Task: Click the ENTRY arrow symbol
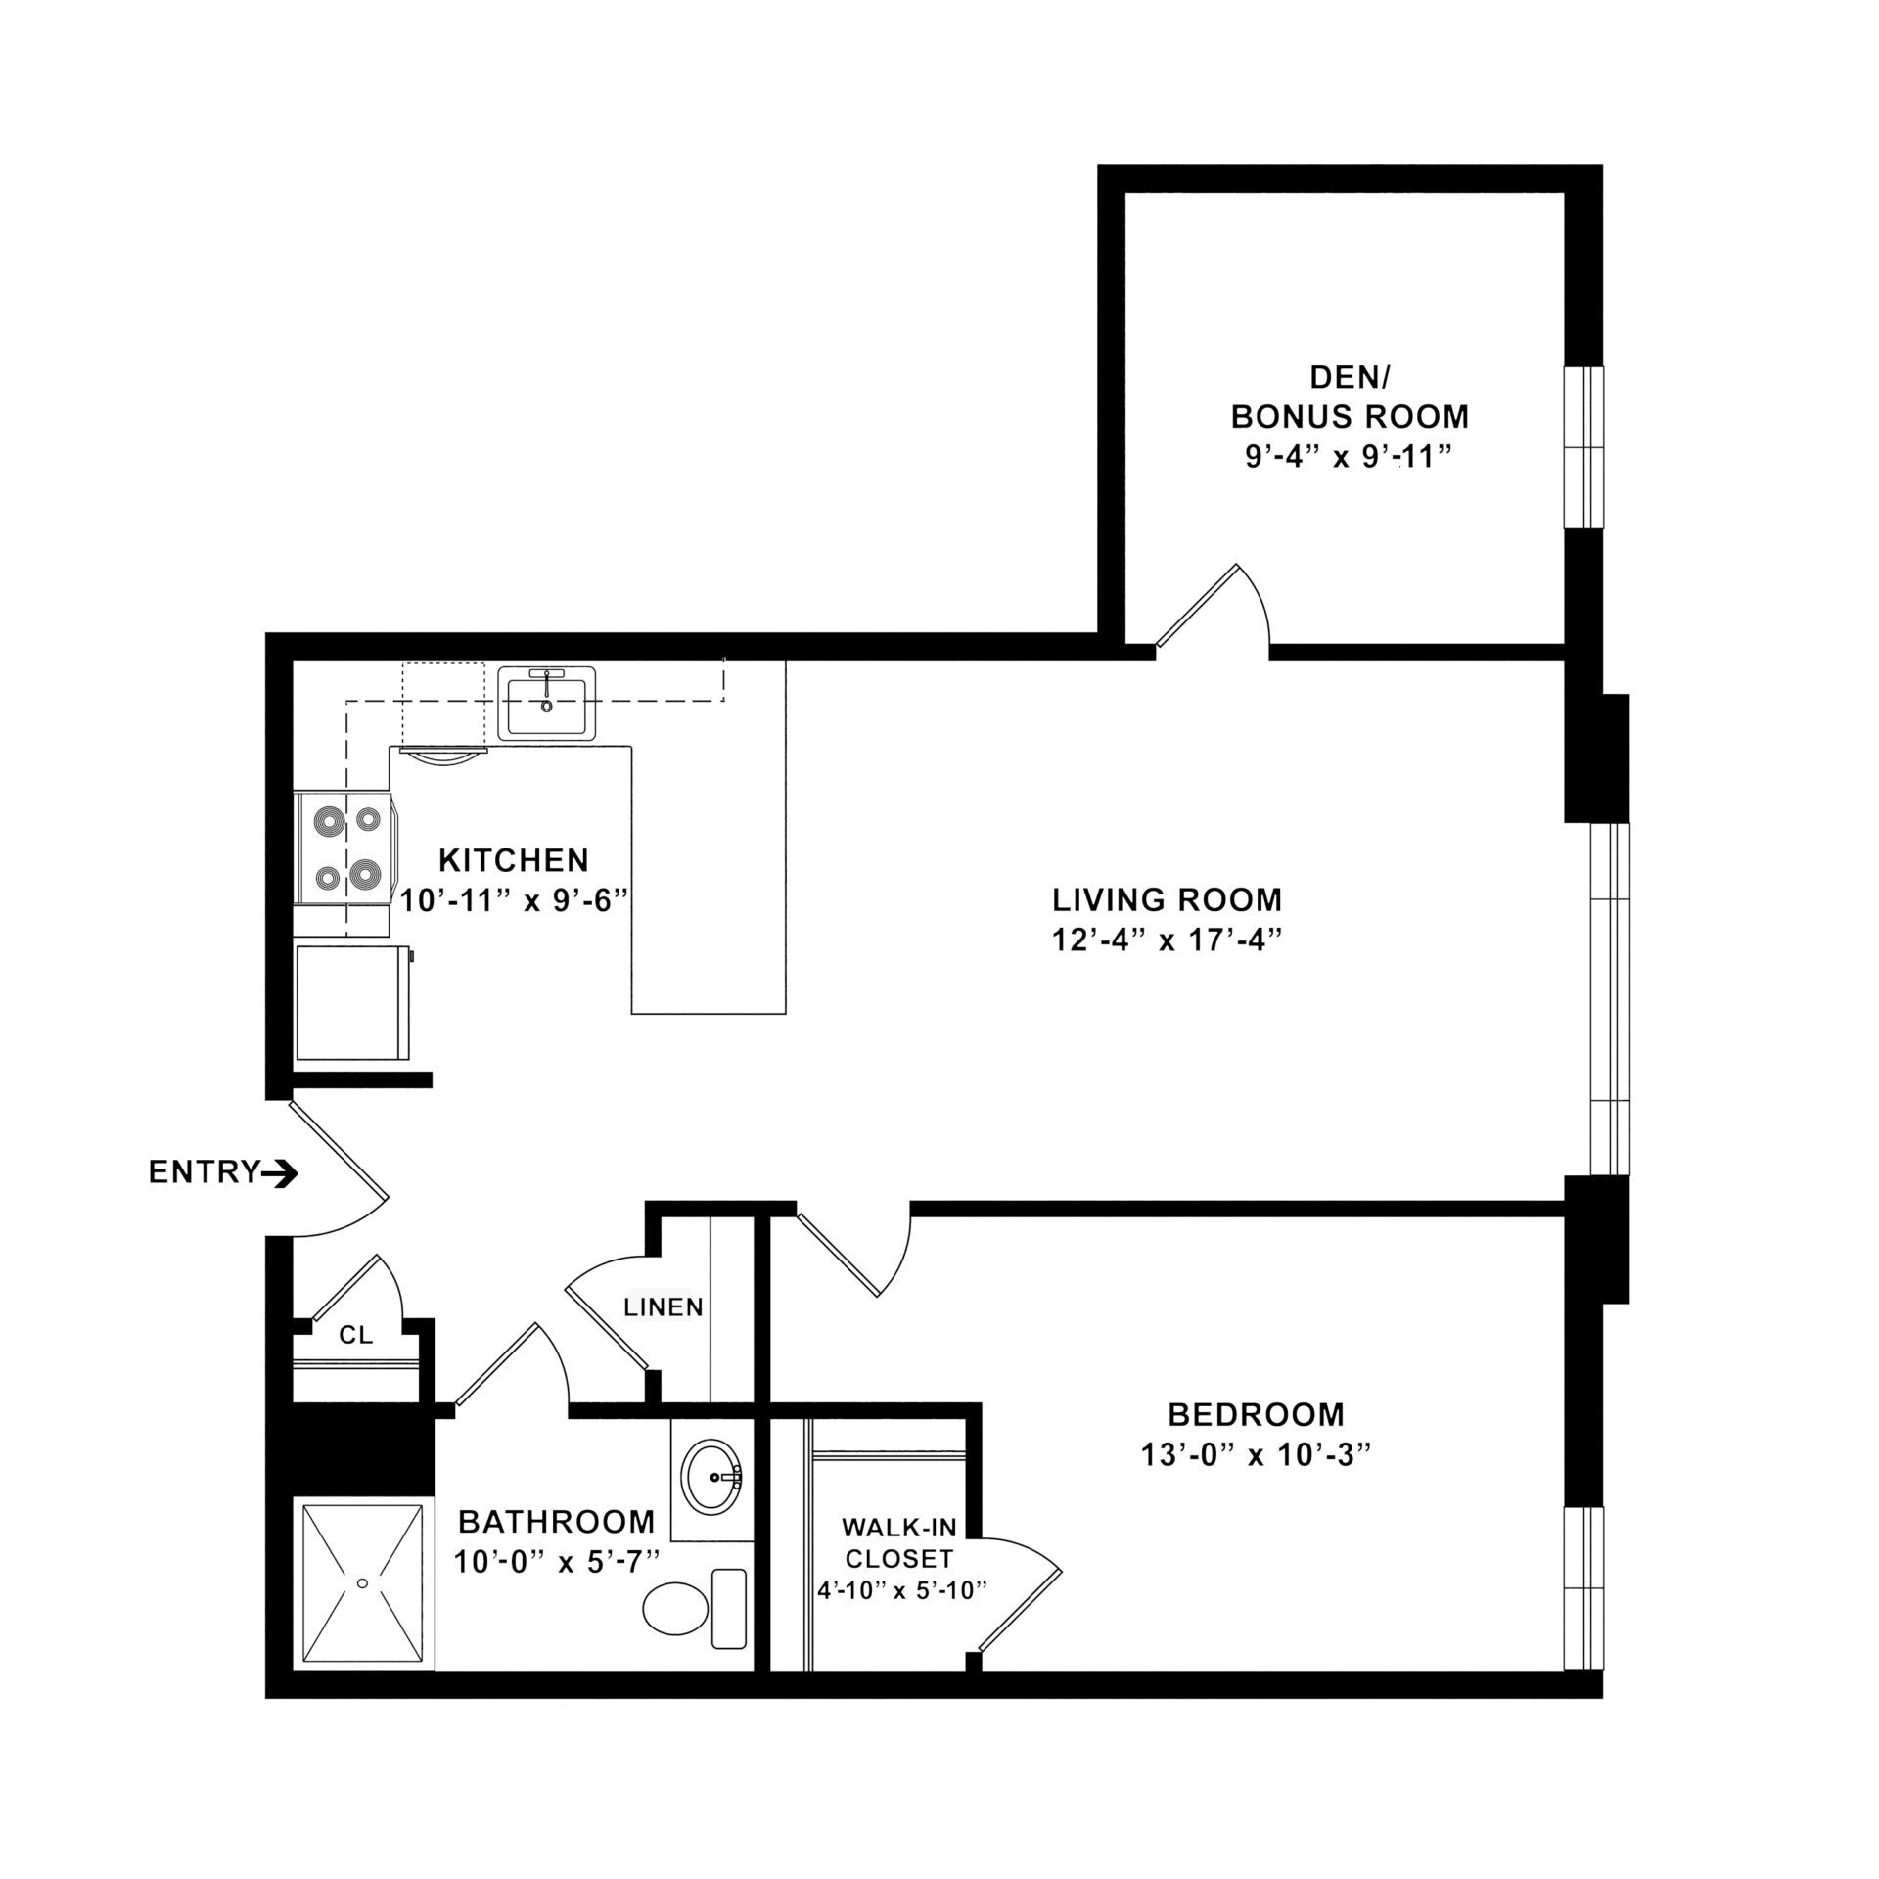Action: point(281,1172)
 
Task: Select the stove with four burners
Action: point(345,848)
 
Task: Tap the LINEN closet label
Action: point(665,1306)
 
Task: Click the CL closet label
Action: point(355,1335)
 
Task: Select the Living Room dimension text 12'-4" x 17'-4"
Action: point(1167,940)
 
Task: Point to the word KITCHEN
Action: point(514,860)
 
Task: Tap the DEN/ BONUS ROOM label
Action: point(1349,397)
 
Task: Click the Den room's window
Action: point(1583,447)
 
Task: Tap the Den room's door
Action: point(1197,605)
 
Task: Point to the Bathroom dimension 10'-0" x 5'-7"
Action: point(556,1561)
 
